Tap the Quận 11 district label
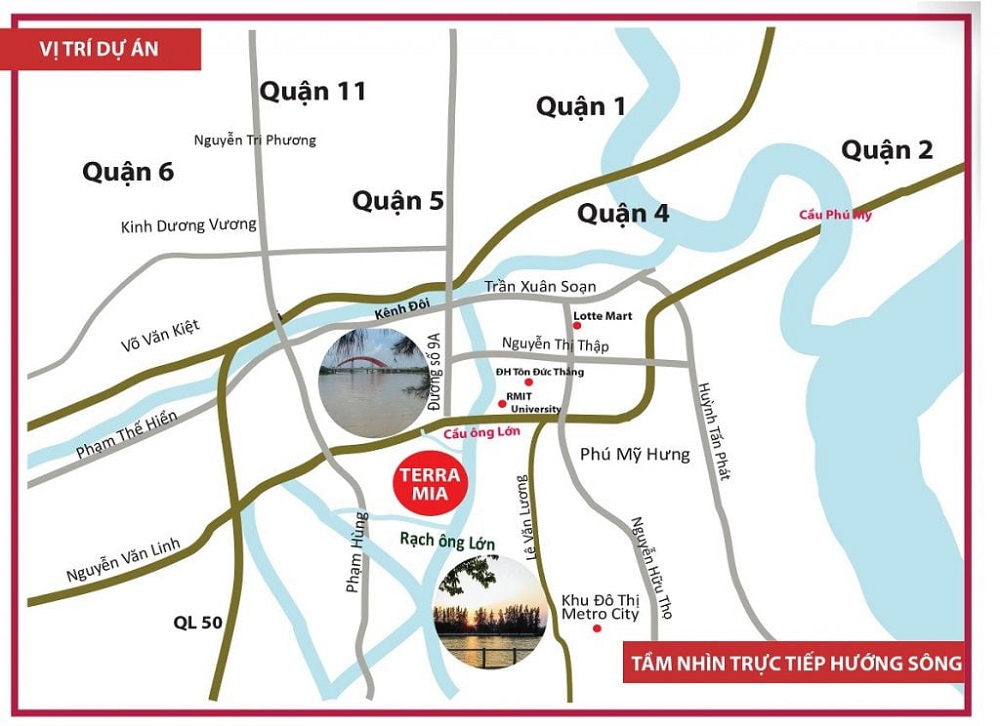[312, 91]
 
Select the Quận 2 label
[886, 150]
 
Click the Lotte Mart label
[602, 316]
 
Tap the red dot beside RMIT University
[502, 403]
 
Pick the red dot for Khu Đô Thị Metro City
[597, 628]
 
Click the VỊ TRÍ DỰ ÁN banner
[100, 48]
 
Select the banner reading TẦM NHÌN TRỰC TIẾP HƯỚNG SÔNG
[793, 662]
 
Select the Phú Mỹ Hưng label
[635, 455]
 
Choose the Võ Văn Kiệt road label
[161, 335]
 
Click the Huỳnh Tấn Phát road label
[716, 431]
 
